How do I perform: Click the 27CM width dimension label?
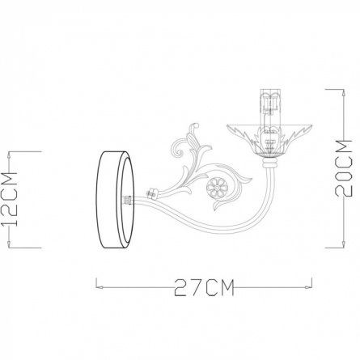[204, 288]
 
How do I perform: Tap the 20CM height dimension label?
[344, 167]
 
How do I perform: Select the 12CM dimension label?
[9, 199]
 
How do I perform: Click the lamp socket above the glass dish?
[269, 103]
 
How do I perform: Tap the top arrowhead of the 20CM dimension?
[343, 92]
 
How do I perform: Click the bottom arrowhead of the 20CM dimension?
[343, 244]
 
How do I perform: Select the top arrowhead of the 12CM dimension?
[10, 155]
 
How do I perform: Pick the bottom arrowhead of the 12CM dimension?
[10, 244]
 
